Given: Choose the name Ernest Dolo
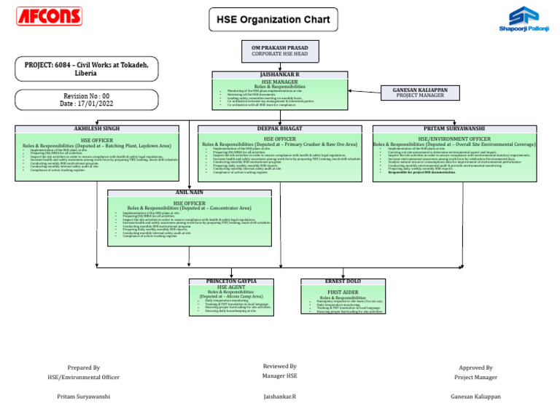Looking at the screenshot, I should pos(342,281).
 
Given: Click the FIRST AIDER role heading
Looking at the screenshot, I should pos(342,291).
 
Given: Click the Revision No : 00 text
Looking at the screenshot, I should pos(86,96).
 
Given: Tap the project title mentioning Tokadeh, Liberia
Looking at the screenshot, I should pos(85,69).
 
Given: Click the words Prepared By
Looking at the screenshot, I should pos(83,368).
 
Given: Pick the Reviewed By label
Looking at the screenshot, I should pos(279,366).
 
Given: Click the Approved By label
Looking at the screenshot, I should pos(475,368).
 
